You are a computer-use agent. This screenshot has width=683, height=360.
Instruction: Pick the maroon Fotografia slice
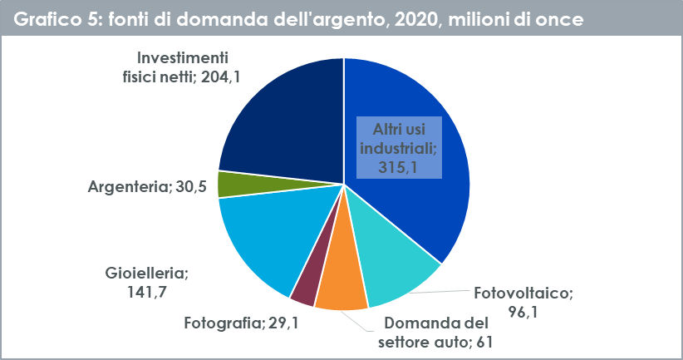[x=304, y=287]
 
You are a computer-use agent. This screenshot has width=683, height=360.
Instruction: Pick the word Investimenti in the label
[x=182, y=58]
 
